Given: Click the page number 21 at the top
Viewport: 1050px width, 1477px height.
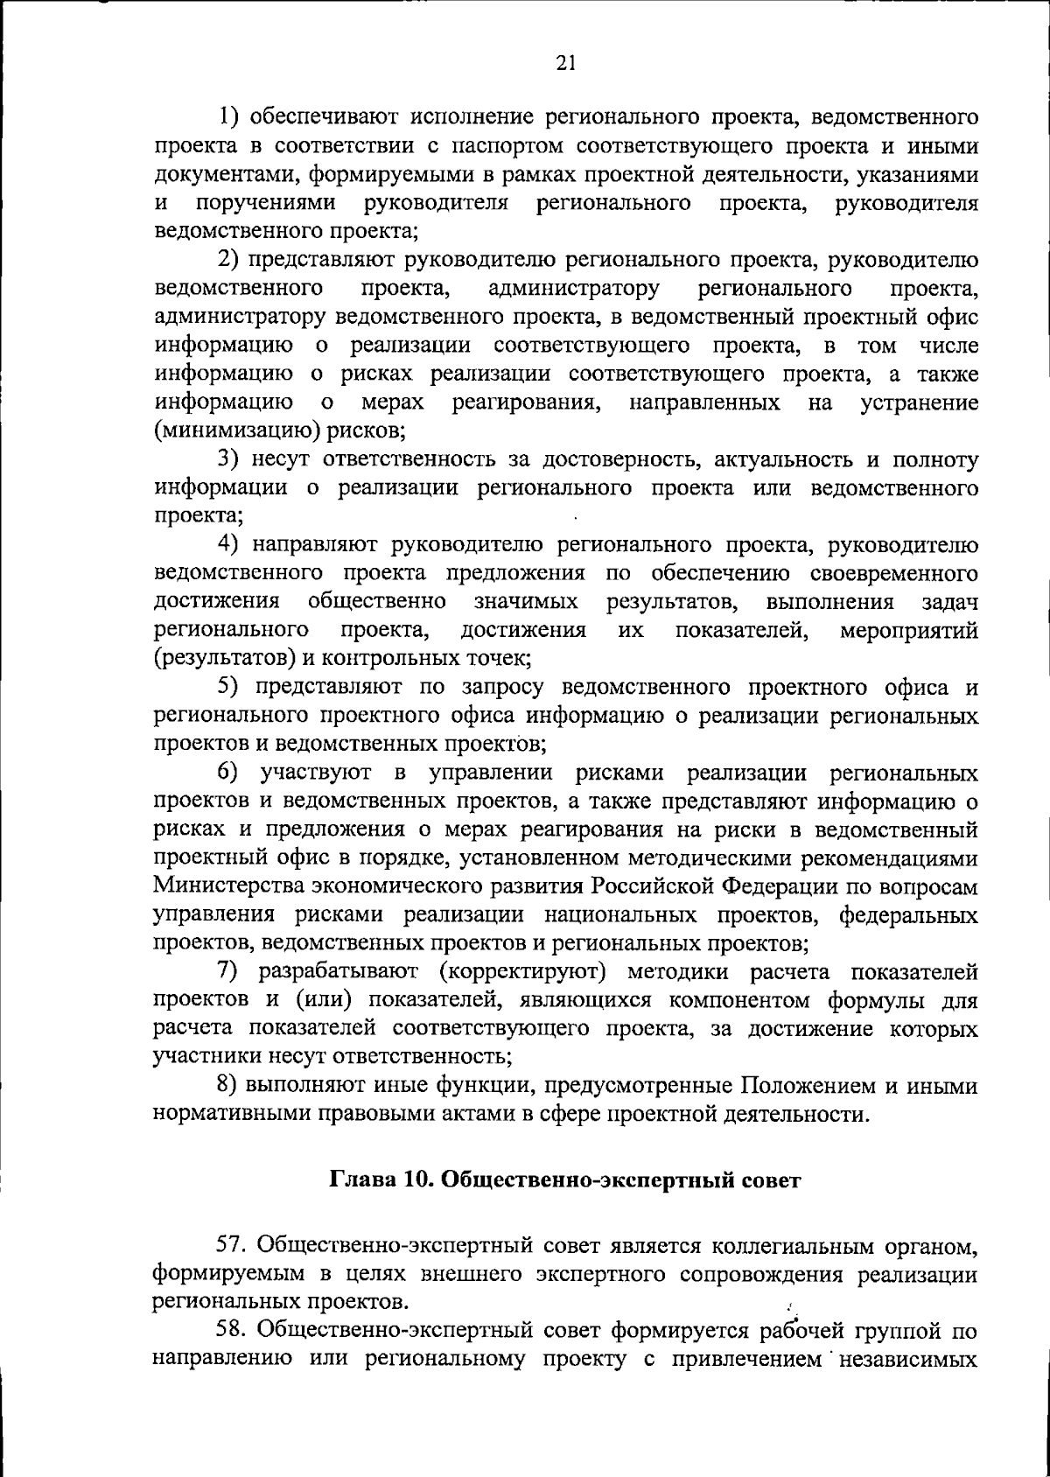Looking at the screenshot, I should (x=564, y=62).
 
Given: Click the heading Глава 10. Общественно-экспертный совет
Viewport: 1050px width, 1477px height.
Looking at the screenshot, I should (x=564, y=1179).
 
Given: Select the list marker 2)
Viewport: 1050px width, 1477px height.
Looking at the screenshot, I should (x=228, y=260).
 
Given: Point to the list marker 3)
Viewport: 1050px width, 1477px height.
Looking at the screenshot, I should (x=228, y=458).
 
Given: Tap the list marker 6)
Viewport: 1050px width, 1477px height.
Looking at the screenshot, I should (x=228, y=773).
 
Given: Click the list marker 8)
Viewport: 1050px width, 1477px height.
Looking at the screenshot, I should (x=228, y=1086).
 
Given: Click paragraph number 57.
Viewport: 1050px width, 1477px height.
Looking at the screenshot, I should (x=231, y=1243).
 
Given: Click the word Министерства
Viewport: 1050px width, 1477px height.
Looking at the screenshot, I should (x=228, y=886).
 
